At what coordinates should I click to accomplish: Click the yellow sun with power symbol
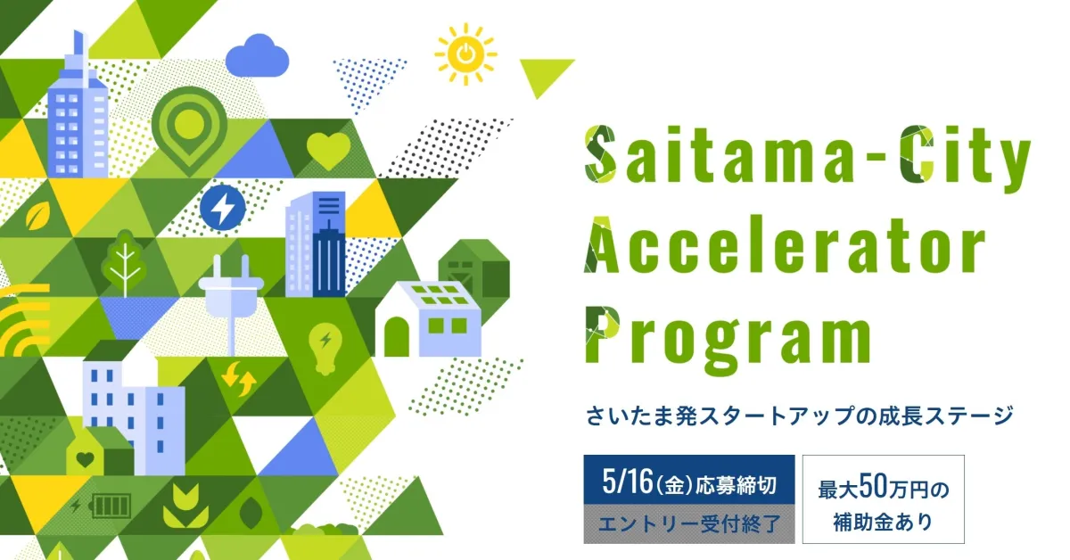pos(465,54)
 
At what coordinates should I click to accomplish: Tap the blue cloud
pos(257,55)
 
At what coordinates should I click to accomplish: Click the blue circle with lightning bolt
pos(223,209)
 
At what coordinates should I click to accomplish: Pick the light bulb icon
pos(325,349)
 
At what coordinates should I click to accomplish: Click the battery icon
pos(111,506)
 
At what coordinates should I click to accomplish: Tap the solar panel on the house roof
pos(440,294)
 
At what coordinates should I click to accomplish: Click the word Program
pos(729,339)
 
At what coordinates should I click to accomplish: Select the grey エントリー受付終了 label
pos(689,524)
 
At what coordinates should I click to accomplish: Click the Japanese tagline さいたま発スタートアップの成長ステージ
pos(799,416)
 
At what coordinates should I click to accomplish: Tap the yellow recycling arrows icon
pos(239,379)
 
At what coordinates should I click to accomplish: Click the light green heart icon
pos(328,150)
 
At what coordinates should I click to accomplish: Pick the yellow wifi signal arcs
pos(24,320)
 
